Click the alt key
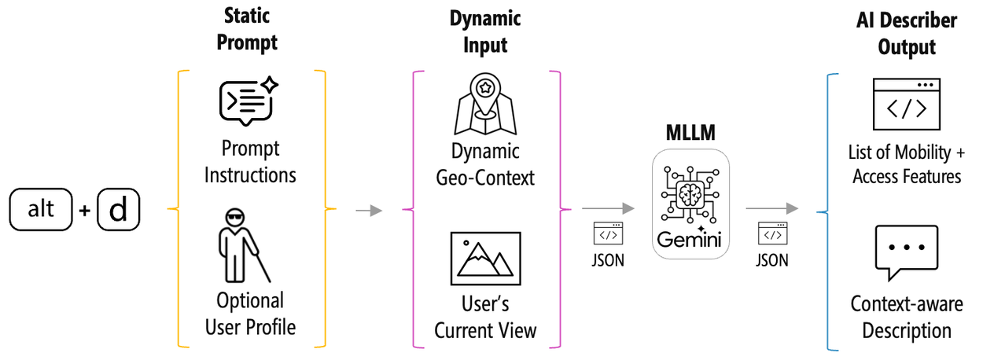[x=40, y=211]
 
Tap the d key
[x=118, y=211]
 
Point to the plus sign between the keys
[x=84, y=211]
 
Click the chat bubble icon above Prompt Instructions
[x=246, y=101]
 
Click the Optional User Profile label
[x=251, y=313]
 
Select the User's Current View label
[x=485, y=318]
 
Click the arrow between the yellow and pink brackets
[x=369, y=211]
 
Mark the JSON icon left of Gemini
[x=608, y=233]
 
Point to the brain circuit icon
[x=690, y=193]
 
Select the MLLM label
[x=691, y=133]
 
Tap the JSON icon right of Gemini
[x=772, y=233]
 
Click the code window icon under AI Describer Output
[x=906, y=104]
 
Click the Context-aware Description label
[x=906, y=318]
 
